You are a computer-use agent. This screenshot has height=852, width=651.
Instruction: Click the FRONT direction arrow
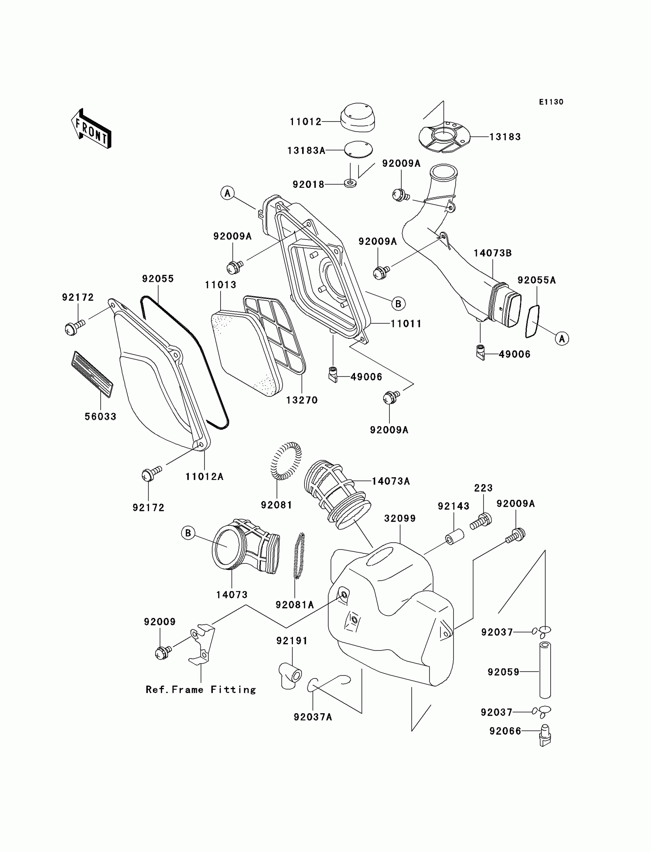click(x=92, y=129)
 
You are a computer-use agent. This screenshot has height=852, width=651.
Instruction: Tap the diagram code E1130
click(x=551, y=102)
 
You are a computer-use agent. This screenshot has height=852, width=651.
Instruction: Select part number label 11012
click(x=306, y=122)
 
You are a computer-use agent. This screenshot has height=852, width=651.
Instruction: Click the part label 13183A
click(x=306, y=151)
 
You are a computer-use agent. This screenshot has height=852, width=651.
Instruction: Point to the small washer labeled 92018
click(x=350, y=183)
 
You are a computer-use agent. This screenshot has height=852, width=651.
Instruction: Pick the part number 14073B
click(x=492, y=253)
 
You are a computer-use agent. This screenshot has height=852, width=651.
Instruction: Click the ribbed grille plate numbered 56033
click(x=92, y=374)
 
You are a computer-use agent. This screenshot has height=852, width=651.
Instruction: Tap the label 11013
click(x=221, y=285)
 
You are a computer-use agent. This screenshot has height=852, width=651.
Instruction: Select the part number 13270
click(x=302, y=400)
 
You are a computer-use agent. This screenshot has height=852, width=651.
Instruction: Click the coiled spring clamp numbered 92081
click(x=286, y=461)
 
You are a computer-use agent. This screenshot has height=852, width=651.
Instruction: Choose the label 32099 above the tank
click(x=400, y=519)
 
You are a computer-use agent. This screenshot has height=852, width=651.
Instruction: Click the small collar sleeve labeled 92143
click(x=455, y=535)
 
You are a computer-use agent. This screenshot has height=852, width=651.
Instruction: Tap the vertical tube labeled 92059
click(x=545, y=670)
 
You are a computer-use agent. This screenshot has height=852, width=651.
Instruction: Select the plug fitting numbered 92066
click(x=545, y=735)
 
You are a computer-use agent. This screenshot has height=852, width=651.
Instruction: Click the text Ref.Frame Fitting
click(x=201, y=689)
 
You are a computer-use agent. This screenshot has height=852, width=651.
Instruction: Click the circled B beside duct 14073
click(x=188, y=533)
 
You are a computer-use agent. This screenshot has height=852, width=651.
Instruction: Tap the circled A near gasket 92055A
click(x=562, y=338)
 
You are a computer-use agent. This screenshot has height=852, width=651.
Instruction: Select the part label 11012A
click(x=204, y=477)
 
